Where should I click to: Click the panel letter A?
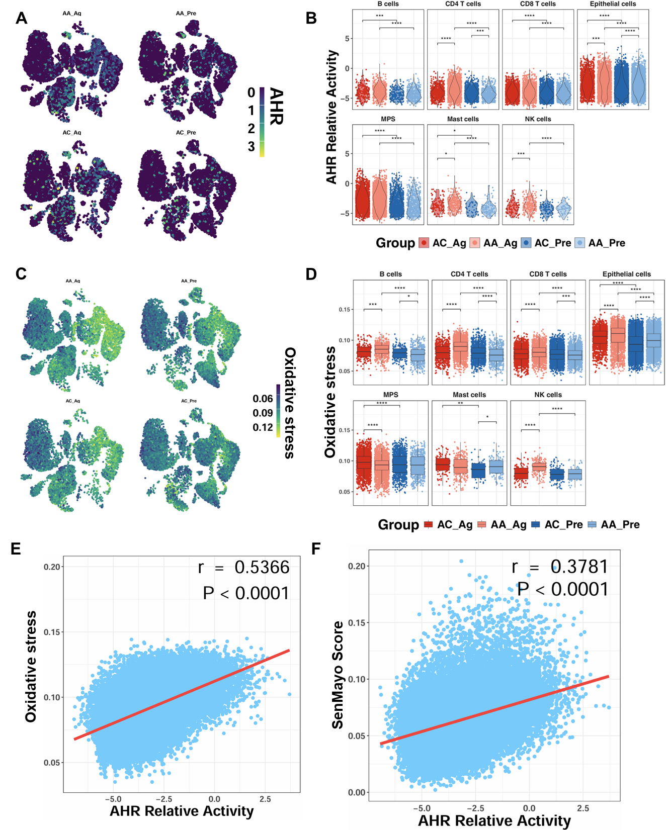click(21, 19)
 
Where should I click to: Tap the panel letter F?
click(316, 548)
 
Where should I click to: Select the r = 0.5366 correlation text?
click(244, 568)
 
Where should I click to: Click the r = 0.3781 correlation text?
click(560, 567)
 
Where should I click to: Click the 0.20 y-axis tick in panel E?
click(52, 567)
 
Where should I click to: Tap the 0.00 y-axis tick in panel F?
click(357, 792)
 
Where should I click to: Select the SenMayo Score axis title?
click(338, 675)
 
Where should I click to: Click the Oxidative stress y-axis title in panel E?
click(31, 667)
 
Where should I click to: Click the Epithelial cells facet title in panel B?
click(613, 4)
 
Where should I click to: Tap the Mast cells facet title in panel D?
click(469, 395)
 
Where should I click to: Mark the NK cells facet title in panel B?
click(538, 119)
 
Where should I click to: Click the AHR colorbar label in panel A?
click(277, 106)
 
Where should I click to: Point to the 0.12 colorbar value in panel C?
click(263, 427)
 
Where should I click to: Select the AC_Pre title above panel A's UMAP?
click(186, 133)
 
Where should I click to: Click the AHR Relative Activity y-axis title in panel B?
click(331, 117)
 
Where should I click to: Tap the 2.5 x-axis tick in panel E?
click(265, 799)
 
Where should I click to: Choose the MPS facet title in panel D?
click(390, 395)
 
